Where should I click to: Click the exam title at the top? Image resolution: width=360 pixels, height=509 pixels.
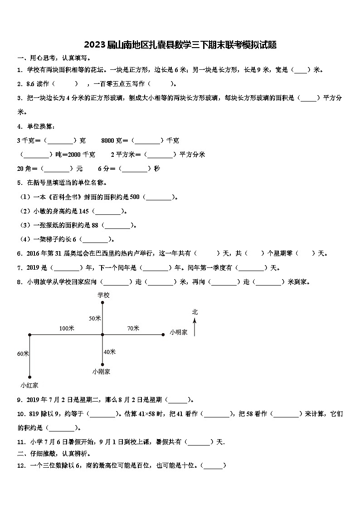pyautogui.click(x=180, y=45)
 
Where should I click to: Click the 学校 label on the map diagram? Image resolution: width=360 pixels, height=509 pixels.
pyautogui.click(x=103, y=295)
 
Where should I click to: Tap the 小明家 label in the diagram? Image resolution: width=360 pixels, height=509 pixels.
pyautogui.click(x=179, y=332)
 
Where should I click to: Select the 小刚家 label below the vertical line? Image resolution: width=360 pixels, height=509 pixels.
pyautogui.click(x=101, y=371)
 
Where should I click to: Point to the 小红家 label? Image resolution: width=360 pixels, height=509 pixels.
pyautogui.click(x=29, y=385)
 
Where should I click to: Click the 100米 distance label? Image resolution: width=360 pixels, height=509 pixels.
pyautogui.click(x=67, y=328)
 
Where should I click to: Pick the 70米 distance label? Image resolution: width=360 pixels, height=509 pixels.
pyautogui.click(x=133, y=328)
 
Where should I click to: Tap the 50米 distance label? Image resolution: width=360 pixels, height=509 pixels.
pyautogui.click(x=95, y=318)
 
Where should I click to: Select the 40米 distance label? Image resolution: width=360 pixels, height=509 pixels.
pyautogui.click(x=110, y=352)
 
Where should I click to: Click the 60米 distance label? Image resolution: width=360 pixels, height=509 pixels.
pyautogui.click(x=23, y=354)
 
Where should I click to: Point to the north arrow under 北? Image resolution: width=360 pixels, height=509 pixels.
pyautogui.click(x=195, y=326)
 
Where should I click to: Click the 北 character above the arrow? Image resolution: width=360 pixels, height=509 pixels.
pyautogui.click(x=195, y=312)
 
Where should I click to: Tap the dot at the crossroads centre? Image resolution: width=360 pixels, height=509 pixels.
pyautogui.click(x=102, y=335)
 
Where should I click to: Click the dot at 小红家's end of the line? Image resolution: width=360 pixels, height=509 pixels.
pyautogui.click(x=29, y=377)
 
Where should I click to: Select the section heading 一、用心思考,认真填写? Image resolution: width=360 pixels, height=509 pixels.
pyautogui.click(x=54, y=58)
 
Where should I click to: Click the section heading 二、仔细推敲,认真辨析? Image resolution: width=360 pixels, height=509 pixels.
pyautogui.click(x=54, y=453)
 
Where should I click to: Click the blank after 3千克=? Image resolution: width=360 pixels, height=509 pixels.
pyautogui.click(x=58, y=141)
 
